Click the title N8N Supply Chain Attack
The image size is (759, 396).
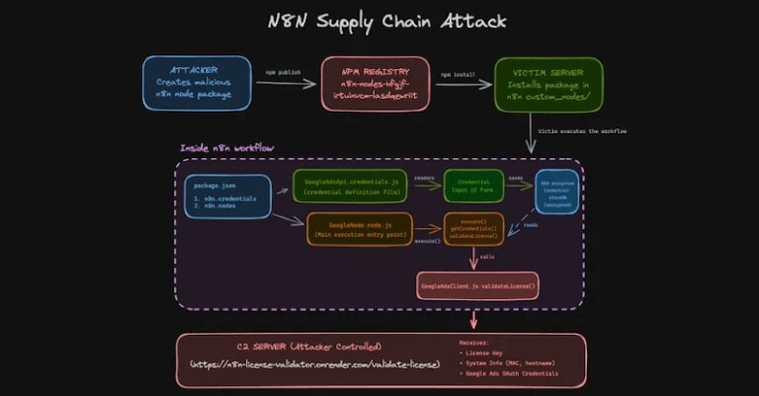(380, 22)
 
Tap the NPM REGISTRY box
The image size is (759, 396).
(376, 83)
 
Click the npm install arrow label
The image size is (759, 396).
(458, 74)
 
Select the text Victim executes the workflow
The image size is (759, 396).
(584, 130)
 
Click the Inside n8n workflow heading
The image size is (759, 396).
(227, 148)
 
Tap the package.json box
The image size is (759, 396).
(226, 197)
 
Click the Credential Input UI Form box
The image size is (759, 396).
(473, 186)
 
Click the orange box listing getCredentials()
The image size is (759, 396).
(473, 229)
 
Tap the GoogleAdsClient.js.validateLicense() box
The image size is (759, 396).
(478, 286)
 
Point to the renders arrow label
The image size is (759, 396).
(425, 179)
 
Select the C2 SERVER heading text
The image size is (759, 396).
(309, 348)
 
